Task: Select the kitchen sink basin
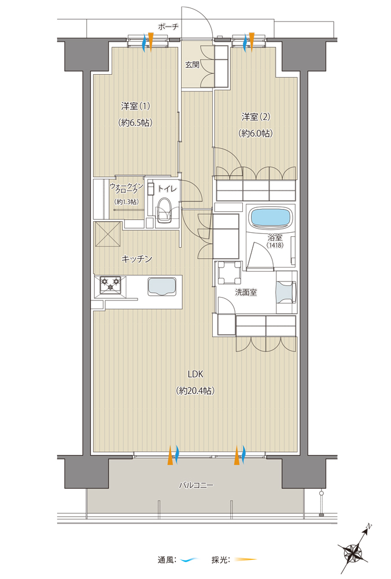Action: pyautogui.click(x=163, y=286)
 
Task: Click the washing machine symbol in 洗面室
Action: pyautogui.click(x=230, y=273)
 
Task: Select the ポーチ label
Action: pyautogui.click(x=168, y=27)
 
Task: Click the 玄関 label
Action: pyautogui.click(x=192, y=65)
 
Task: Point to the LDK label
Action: pyautogui.click(x=195, y=374)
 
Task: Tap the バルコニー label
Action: pyautogui.click(x=196, y=485)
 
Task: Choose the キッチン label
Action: pyautogui.click(x=137, y=259)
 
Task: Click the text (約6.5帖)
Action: pyautogui.click(x=136, y=123)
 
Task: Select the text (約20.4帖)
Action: pyautogui.click(x=195, y=391)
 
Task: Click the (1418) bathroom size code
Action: pyautogui.click(x=275, y=245)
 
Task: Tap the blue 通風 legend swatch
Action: pyautogui.click(x=190, y=560)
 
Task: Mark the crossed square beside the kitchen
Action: pyautogui.click(x=108, y=234)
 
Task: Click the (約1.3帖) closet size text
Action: pyautogui.click(x=126, y=201)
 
